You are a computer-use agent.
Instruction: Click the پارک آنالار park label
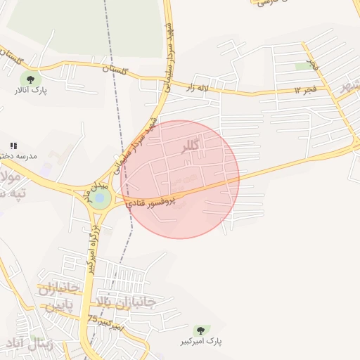point(30,91)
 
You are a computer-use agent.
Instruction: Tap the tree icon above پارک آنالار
point(30,78)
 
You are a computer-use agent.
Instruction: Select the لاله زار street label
point(198,88)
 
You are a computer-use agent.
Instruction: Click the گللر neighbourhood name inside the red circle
point(191,147)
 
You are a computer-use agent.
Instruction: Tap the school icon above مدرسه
point(13,146)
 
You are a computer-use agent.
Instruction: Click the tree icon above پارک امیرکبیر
point(200,329)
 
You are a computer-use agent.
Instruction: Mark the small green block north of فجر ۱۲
point(303,66)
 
